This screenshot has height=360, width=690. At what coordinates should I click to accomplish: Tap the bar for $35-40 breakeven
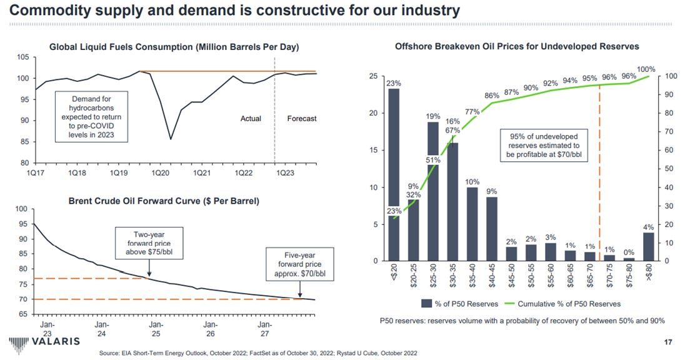tap(472, 224)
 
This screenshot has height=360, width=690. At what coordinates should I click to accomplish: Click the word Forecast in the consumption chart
tap(301, 119)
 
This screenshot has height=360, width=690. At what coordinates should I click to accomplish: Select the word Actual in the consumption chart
tap(251, 119)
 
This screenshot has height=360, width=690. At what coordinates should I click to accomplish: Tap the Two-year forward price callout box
tap(144, 243)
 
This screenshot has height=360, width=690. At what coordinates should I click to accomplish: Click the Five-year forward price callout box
tap(296, 264)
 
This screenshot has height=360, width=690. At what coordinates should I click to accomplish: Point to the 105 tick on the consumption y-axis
tap(23, 57)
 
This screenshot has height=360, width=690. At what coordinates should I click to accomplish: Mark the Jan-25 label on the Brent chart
tap(157, 329)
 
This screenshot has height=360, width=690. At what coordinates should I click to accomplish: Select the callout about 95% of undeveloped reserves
tap(544, 145)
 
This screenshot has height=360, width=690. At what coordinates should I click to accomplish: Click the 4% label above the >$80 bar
tap(649, 227)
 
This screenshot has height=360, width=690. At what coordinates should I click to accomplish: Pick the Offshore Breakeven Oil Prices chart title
tap(517, 46)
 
